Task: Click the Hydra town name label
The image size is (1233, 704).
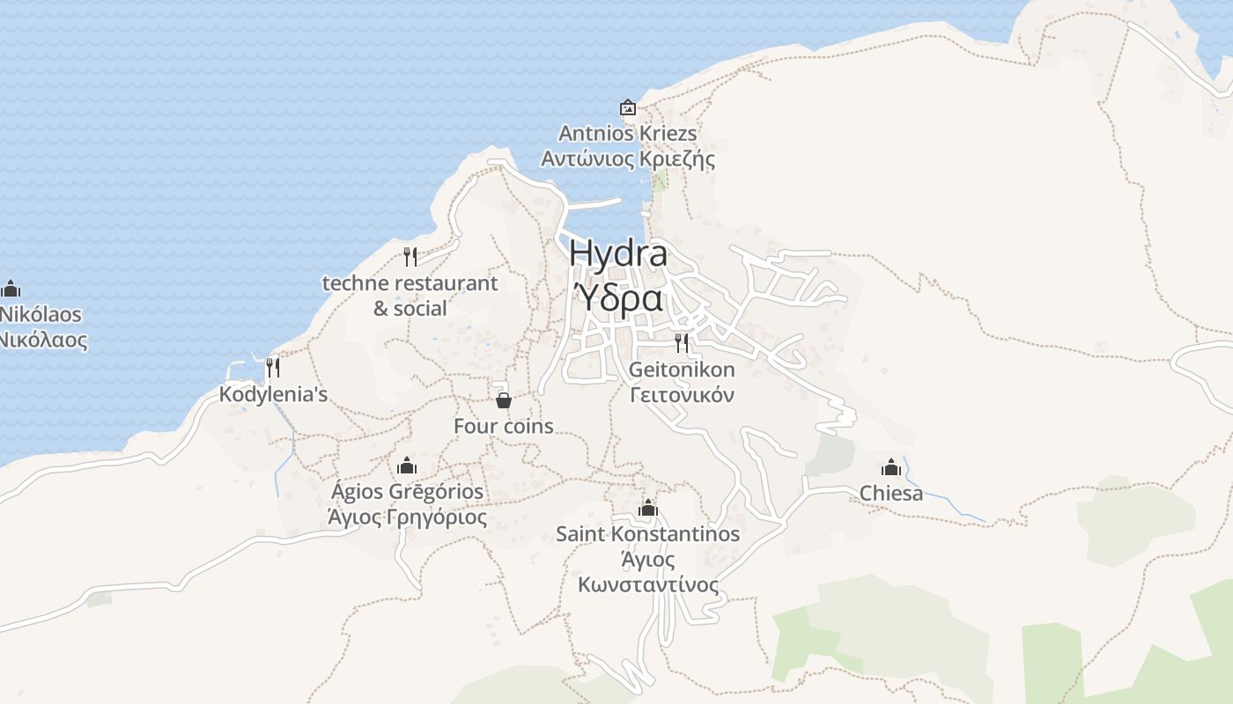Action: point(618,254)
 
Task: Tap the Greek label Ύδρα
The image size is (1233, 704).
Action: point(618,299)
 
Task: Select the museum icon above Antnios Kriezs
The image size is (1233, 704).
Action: point(628,107)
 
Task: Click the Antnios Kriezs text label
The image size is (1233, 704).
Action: point(628,134)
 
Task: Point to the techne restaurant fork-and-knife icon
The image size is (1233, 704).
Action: point(410,256)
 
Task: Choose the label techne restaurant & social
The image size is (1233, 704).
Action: point(410,296)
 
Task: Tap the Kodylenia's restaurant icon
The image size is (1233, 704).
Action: point(273,367)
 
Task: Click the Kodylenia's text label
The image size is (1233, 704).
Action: point(273,394)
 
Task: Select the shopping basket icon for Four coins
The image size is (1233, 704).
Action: point(504,400)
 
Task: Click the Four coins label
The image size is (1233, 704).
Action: point(504,427)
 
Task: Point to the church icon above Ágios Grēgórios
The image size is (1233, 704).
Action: point(407,465)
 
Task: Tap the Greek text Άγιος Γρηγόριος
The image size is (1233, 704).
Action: point(407,517)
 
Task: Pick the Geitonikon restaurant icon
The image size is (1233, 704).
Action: point(682,342)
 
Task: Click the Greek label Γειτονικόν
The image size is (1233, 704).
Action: point(682,395)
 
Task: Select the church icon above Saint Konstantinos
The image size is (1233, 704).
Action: point(648,508)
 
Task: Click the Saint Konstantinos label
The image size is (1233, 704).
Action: point(648,534)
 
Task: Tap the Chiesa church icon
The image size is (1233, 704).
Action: point(891,466)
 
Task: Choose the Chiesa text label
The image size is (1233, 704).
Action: point(891,493)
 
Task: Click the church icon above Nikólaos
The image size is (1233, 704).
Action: point(11,288)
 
